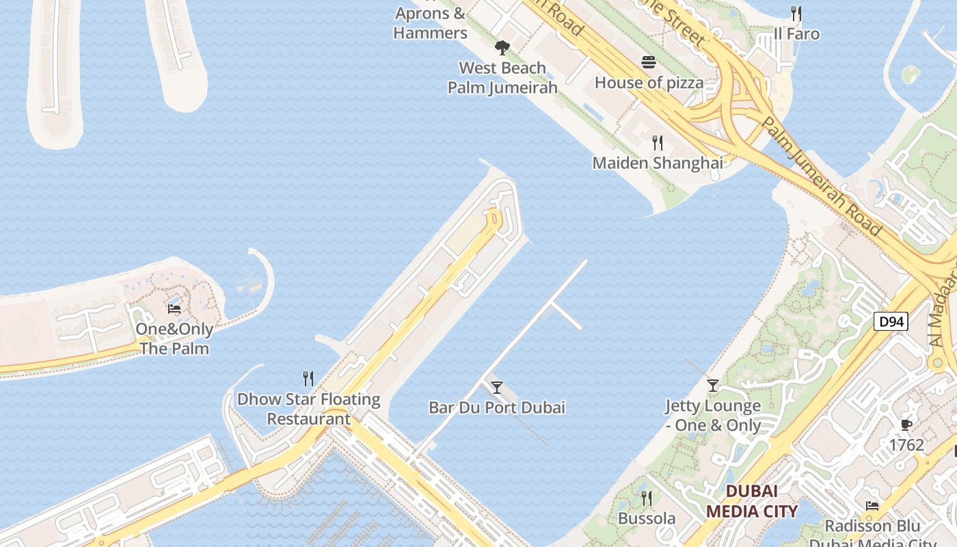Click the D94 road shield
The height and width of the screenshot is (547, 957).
[891, 321]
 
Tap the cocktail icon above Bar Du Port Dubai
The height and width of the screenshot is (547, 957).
[497, 388]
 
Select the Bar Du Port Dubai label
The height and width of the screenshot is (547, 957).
[497, 408]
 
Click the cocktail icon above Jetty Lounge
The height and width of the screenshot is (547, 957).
[713, 386]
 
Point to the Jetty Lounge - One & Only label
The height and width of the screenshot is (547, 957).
[713, 416]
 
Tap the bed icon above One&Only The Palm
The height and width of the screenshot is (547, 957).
[174, 309]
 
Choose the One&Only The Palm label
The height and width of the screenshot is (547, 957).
[174, 339]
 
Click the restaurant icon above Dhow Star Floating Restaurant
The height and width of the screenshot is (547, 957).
[308, 378]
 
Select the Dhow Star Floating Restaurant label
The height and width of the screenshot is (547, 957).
[308, 409]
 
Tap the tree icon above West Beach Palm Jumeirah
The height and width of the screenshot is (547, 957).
[502, 48]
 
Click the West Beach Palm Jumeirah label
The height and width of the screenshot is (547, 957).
[502, 78]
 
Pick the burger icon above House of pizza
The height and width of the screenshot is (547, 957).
[649, 63]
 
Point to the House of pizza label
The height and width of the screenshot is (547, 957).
[649, 83]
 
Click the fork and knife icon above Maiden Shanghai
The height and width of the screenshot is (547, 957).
[658, 143]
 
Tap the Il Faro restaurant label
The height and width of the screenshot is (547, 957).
[796, 34]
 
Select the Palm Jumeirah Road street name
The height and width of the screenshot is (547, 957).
[821, 176]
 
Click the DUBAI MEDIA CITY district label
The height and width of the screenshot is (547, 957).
[752, 501]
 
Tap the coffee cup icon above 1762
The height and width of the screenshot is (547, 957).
[906, 425]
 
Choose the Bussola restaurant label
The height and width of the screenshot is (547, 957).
[647, 518]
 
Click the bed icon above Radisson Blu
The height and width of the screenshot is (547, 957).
[872, 506]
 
